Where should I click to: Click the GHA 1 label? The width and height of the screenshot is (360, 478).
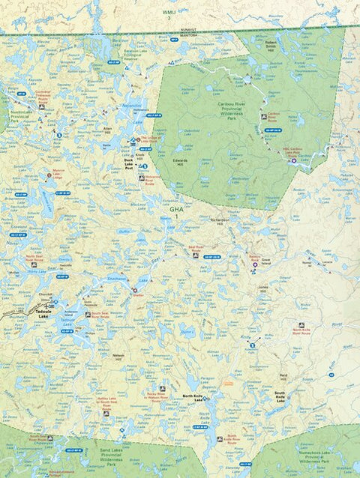176,214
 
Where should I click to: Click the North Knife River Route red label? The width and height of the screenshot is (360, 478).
301,332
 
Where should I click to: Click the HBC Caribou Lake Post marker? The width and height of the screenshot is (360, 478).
293,160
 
